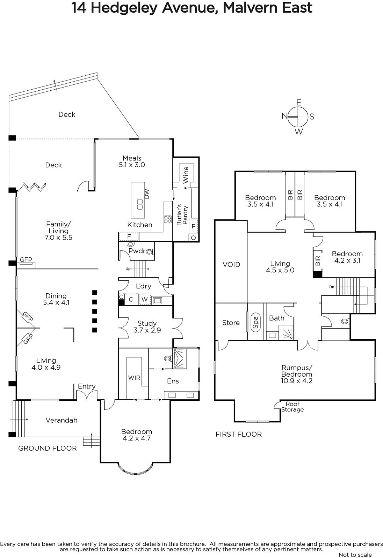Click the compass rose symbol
(x=298, y=116)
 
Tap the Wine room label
(x=186, y=175)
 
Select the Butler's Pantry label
(x=182, y=215)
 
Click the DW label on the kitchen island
(x=147, y=194)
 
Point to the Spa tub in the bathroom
(x=255, y=322)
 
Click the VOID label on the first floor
(x=231, y=265)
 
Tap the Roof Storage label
(x=292, y=407)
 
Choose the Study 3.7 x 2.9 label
(x=147, y=327)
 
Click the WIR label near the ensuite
(x=134, y=378)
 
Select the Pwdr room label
(x=137, y=251)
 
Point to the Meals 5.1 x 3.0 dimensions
(x=132, y=165)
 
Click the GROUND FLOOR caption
(x=48, y=448)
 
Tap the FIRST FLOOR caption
(x=239, y=434)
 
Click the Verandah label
(x=62, y=420)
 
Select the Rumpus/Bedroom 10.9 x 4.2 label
(x=297, y=374)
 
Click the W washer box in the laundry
(x=145, y=299)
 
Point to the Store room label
(x=231, y=323)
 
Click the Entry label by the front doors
(x=87, y=386)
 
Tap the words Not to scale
(x=355, y=555)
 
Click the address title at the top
(x=191, y=8)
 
